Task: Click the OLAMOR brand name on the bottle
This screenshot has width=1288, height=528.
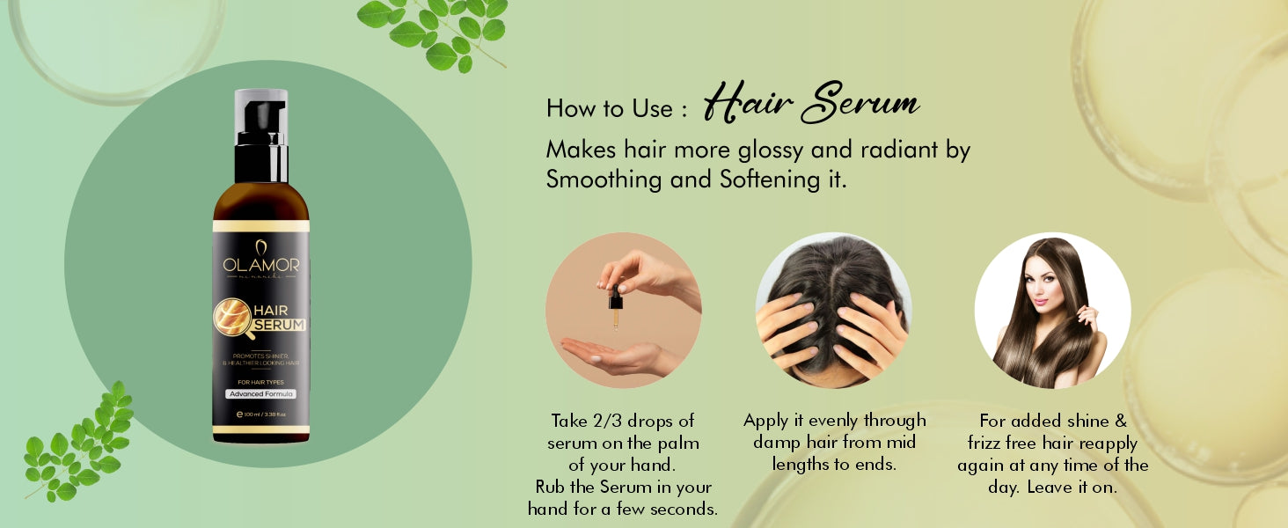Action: pyautogui.click(x=260, y=265)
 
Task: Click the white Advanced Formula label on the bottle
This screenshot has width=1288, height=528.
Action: pyautogui.click(x=260, y=393)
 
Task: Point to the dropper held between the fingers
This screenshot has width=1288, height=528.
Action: pyautogui.click(x=615, y=308)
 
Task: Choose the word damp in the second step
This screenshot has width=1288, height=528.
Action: pyautogui.click(x=777, y=442)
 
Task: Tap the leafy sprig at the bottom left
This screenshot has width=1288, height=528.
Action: pyautogui.click(x=79, y=444)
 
